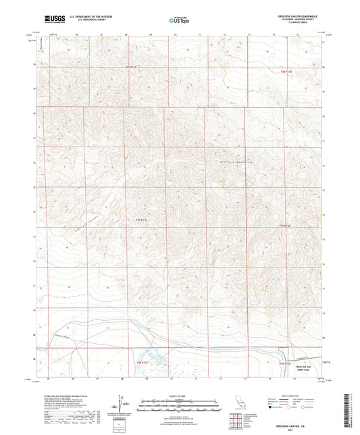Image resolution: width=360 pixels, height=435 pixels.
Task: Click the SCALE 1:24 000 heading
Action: coord(179,396)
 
